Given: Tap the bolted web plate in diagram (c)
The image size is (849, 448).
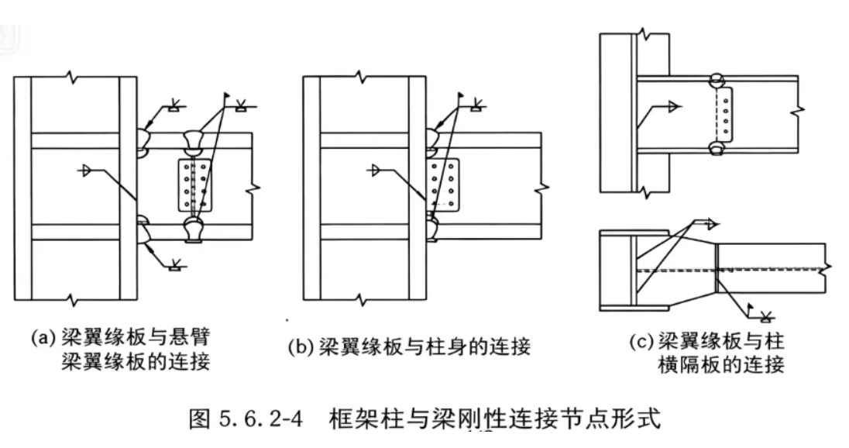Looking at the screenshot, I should pos(724,112).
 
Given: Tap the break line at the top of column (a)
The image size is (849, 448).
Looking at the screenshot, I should pos(74,77).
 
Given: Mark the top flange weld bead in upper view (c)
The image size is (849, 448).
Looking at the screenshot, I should pos(717,78).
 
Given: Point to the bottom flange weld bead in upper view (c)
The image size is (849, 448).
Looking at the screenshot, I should pos(717,146).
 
